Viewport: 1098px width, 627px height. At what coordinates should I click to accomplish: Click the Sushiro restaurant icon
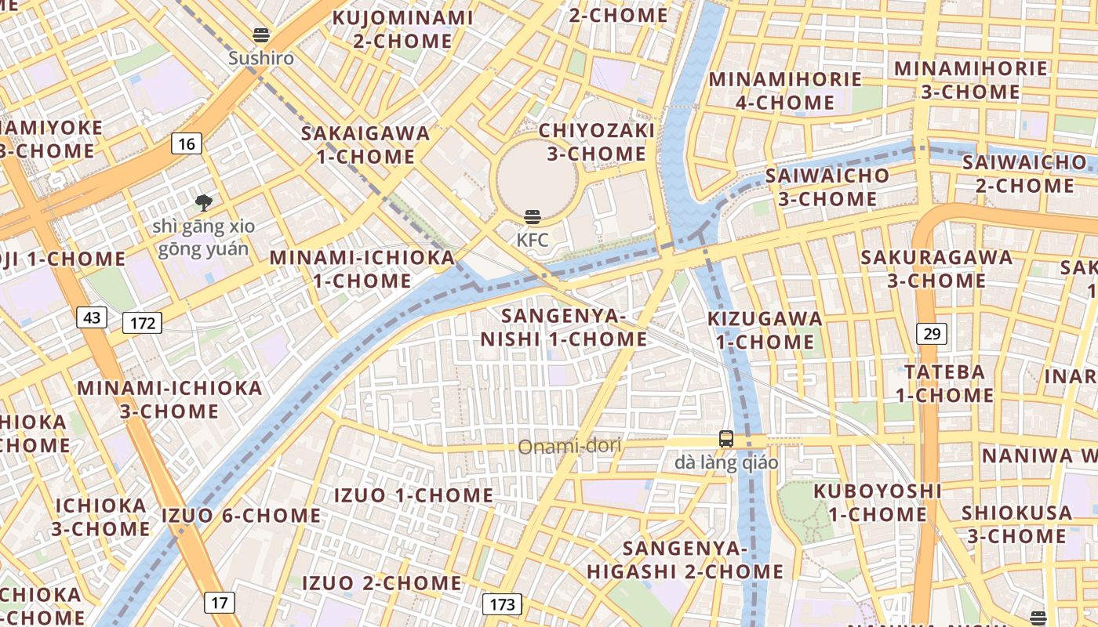point(261,35)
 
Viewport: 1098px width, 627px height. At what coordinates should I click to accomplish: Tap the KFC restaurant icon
point(533,217)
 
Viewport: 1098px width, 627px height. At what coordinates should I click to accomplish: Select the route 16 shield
point(186,143)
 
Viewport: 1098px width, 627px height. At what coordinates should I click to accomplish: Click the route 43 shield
point(92,317)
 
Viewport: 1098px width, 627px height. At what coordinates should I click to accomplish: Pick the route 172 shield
point(142,322)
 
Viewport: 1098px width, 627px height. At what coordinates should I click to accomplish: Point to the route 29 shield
point(932,334)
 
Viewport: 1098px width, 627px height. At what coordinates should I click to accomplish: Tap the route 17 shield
point(219,603)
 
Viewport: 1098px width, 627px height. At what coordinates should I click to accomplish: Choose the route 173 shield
point(502,604)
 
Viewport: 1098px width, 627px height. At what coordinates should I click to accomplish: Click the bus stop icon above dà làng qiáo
point(726,439)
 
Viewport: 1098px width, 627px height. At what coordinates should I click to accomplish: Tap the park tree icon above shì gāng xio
point(204,203)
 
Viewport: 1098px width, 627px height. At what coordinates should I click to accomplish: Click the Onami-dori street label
point(569,447)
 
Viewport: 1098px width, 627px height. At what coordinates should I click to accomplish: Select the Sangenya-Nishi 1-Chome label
point(563,328)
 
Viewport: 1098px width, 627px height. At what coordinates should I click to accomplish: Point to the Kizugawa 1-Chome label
point(765,330)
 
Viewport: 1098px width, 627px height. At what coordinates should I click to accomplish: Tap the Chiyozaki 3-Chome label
point(596,141)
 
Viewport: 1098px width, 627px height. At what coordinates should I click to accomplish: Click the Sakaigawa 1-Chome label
point(365,144)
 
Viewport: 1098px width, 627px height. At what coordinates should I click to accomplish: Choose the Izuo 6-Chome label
point(241,516)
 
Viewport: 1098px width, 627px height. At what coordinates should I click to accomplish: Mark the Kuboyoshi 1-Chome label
point(878,502)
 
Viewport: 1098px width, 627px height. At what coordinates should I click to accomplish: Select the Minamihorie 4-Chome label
point(785,91)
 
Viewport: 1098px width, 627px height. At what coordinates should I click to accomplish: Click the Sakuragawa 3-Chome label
point(936,269)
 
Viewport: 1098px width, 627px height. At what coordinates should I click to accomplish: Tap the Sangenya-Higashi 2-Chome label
point(685,560)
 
